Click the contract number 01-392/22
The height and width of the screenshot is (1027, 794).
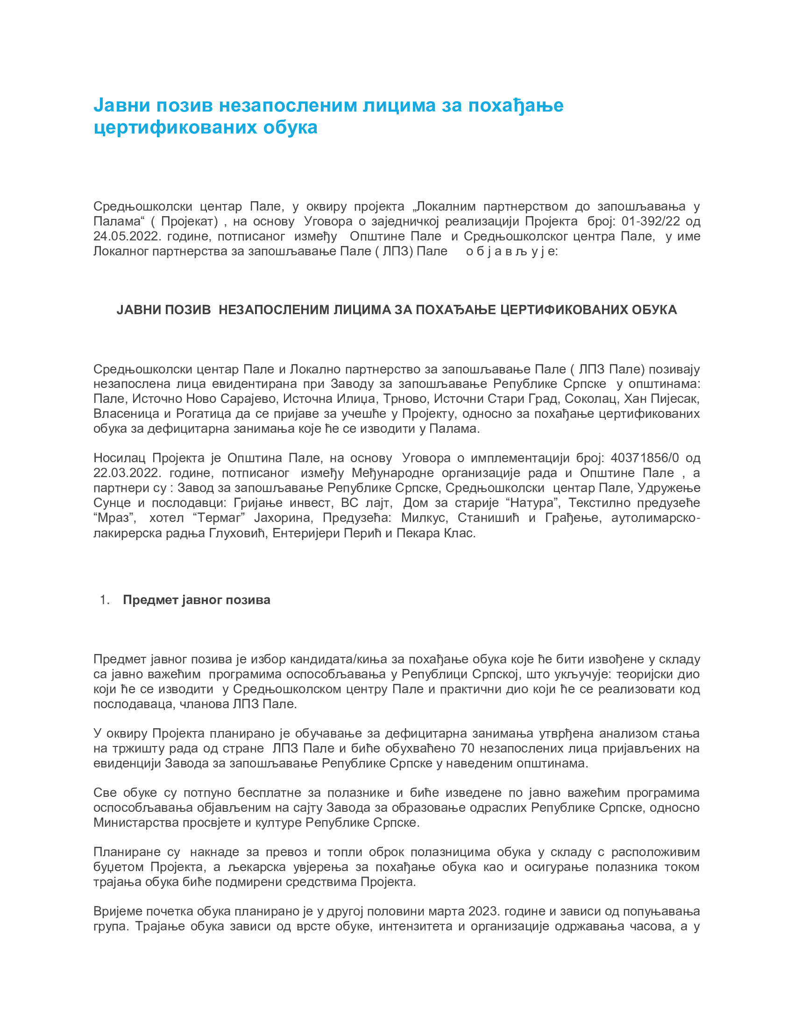[x=651, y=221]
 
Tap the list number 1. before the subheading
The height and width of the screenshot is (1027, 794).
[x=105, y=600]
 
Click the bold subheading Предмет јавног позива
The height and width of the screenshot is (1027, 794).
[x=197, y=600]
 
